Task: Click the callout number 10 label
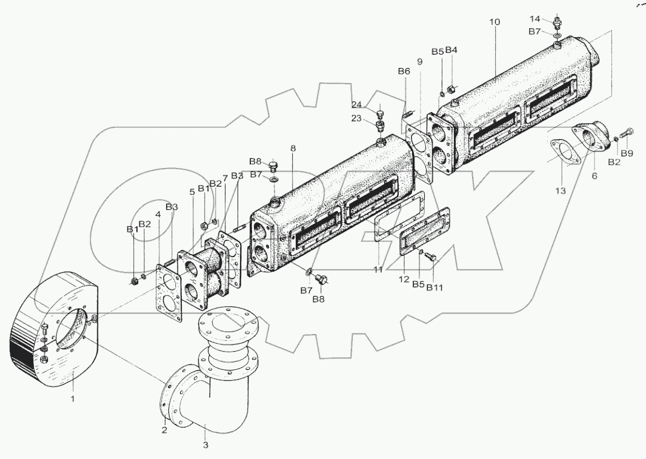[494, 22]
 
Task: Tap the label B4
[451, 51]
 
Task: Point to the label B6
[404, 72]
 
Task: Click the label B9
[627, 154]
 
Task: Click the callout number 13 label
[561, 190]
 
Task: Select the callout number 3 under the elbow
[205, 445]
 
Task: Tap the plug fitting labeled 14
[558, 25]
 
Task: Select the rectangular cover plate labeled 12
[424, 230]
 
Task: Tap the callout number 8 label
[293, 149]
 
